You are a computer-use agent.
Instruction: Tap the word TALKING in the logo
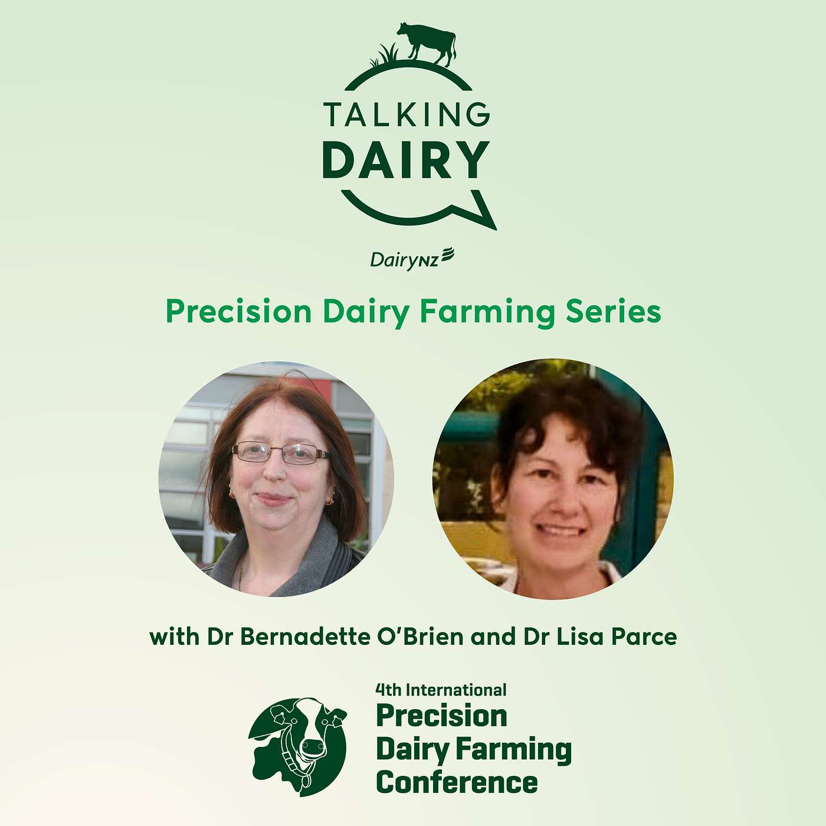pyautogui.click(x=407, y=114)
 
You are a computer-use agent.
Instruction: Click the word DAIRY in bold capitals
pyautogui.click(x=407, y=160)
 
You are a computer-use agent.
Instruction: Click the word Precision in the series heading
pyautogui.click(x=238, y=312)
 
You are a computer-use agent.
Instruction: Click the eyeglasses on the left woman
pyautogui.click(x=281, y=453)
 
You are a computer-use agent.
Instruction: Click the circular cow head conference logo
pyautogui.click(x=299, y=746)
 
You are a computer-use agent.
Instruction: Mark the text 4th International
pyautogui.click(x=441, y=690)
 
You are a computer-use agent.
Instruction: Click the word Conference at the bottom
pyautogui.click(x=457, y=783)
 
